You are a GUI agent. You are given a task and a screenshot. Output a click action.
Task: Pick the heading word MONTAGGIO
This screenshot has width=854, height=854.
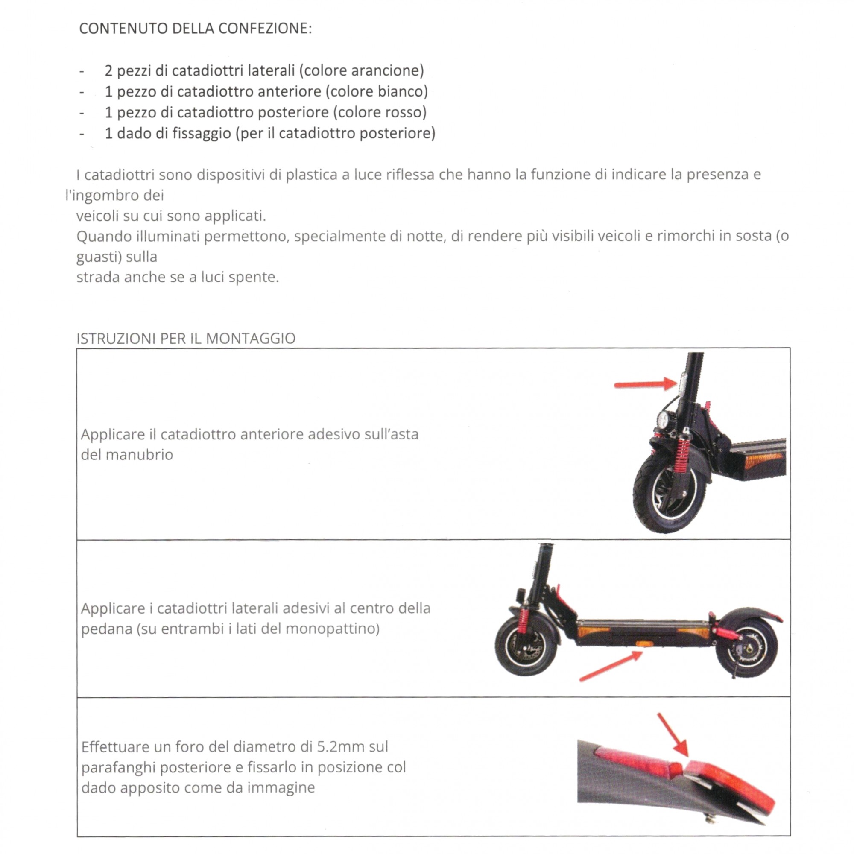tap(251, 339)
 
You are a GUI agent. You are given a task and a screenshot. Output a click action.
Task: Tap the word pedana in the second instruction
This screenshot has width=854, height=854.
tap(106, 629)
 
